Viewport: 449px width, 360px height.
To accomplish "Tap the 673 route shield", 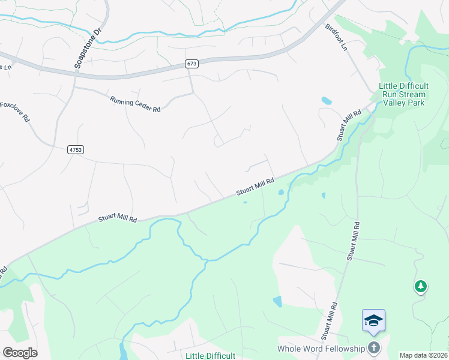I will pos(191,64).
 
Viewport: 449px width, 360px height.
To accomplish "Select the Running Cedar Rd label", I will pos(136,104).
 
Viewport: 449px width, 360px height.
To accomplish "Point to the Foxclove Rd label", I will pos(15,112).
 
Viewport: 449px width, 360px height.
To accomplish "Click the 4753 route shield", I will pos(76,150).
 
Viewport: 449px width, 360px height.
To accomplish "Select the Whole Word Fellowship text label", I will pos(321,349).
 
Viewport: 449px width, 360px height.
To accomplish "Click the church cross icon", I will pos(374,348).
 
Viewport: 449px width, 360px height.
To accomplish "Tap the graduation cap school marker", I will pos(373,320).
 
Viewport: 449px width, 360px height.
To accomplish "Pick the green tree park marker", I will pos(421,287).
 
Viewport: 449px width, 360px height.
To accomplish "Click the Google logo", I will pos(20,353).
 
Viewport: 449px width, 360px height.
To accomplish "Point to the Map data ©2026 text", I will pos(423,355).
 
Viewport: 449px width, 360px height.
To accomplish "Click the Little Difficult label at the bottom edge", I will pos(210,355).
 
